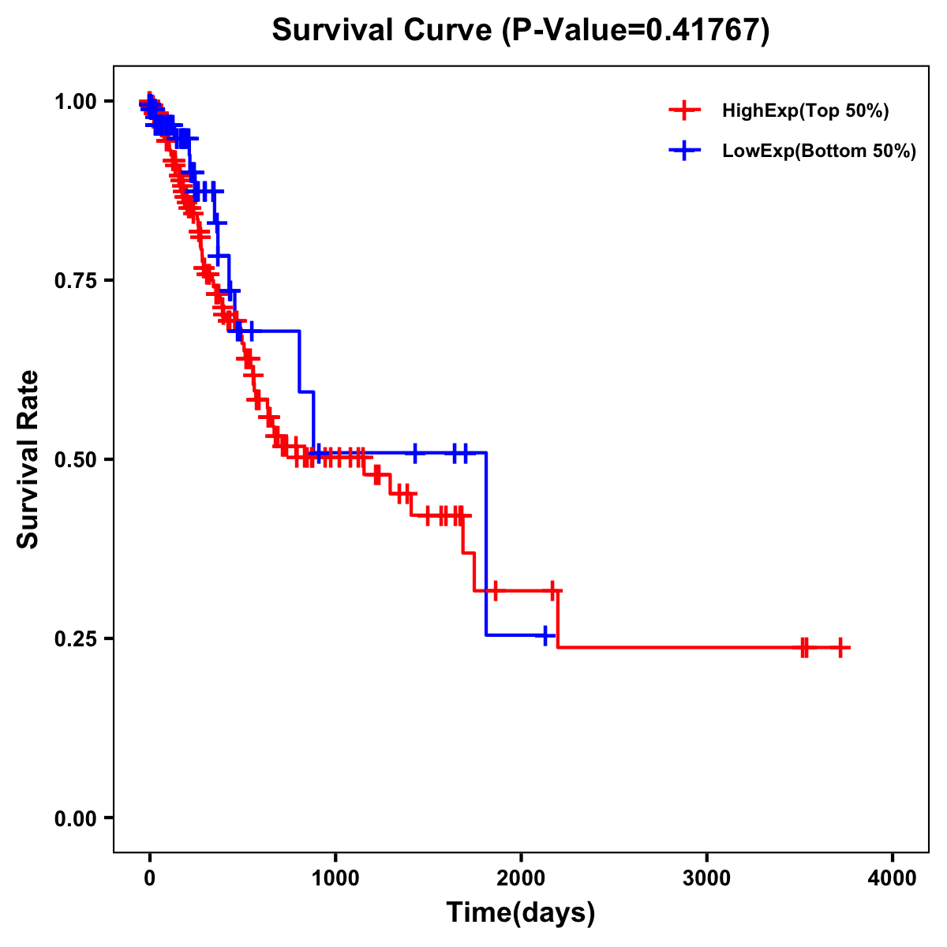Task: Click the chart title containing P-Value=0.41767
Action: [x=520, y=30]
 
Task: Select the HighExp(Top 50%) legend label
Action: [x=805, y=111]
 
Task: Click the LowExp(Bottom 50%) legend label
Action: [x=819, y=152]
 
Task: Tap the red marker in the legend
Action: [x=684, y=111]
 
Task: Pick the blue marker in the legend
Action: [x=684, y=152]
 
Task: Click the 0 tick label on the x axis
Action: [x=150, y=878]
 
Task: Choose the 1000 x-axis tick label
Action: [x=335, y=878]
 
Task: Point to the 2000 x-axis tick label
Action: [x=521, y=878]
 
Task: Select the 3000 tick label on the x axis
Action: [x=706, y=878]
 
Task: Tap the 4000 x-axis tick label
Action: [x=893, y=878]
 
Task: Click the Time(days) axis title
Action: [x=521, y=913]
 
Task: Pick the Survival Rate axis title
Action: [x=28, y=459]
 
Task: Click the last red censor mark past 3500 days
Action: [x=840, y=648]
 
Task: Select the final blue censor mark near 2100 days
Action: [x=545, y=635]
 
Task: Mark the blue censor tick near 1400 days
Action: [x=415, y=453]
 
